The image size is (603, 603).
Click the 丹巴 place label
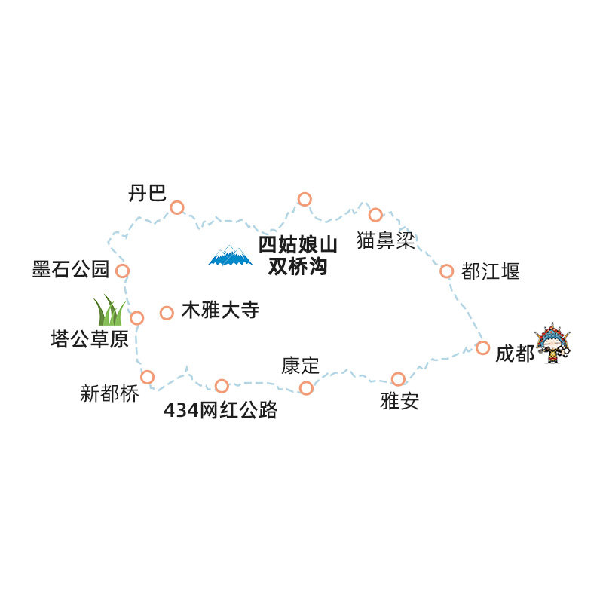pos(147,193)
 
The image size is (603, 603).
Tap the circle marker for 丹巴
pos(177,208)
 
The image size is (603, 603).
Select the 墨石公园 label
pos(71,269)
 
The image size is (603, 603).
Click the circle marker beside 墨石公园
pos(122,271)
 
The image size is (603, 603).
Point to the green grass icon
pos(109,310)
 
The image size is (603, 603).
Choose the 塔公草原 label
pos(89,339)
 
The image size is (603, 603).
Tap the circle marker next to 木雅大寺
pos(167,313)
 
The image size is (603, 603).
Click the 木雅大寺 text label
pos(220,310)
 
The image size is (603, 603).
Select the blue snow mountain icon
pos(230,256)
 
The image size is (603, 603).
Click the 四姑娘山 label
pos(298,245)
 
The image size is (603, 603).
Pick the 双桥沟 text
pos(298,267)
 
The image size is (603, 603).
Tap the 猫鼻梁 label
pos(386,240)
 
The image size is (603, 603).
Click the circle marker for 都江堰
pos(446,271)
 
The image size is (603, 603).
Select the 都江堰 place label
pos(491,271)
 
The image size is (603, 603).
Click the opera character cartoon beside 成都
pos(552,344)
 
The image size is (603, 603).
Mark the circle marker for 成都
pos(482,347)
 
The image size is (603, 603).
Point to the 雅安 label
pos(399,401)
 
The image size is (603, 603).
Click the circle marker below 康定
pos(306,388)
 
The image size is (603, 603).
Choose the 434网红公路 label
pos(220,410)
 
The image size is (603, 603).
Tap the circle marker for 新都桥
pos(147,378)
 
